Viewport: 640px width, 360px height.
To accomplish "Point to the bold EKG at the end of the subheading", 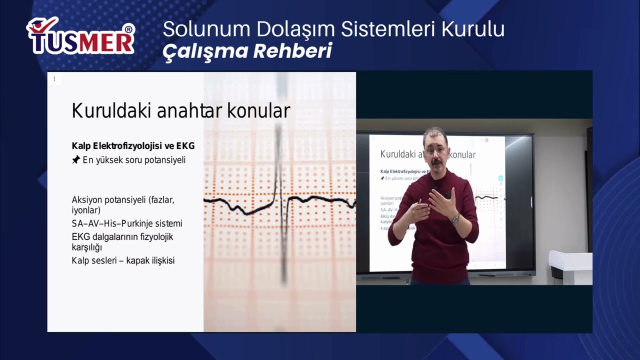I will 185,146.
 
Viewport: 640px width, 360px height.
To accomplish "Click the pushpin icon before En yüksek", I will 76,160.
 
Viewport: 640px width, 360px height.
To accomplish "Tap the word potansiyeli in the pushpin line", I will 160,160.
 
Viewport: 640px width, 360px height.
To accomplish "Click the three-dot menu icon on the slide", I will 54,78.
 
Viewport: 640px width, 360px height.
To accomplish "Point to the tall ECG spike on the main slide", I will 280,165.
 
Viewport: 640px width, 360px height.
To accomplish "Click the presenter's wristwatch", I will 455,218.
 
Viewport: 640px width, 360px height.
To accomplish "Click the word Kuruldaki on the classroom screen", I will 397,154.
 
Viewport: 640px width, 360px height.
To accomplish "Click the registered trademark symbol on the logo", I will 128,29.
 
